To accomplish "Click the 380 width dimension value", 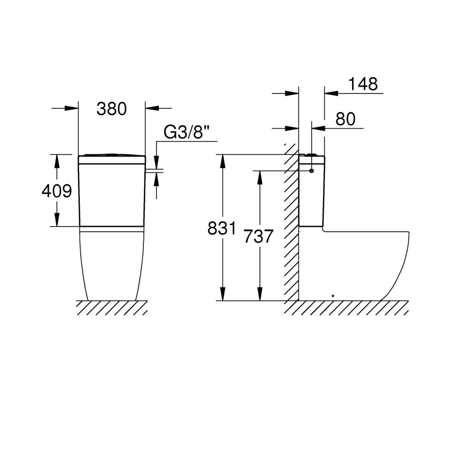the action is (x=111, y=109).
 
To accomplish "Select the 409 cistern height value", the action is (x=57, y=191).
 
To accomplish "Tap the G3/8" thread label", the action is (x=187, y=132).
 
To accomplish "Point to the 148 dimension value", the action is (x=363, y=84).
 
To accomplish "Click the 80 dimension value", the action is (x=345, y=119).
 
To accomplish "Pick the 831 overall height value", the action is (x=222, y=228).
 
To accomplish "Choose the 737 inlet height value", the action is (x=258, y=236).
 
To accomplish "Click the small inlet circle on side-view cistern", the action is (x=312, y=171).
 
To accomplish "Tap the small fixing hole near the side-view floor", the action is (x=333, y=296).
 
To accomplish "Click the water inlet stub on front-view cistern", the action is (x=154, y=171).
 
